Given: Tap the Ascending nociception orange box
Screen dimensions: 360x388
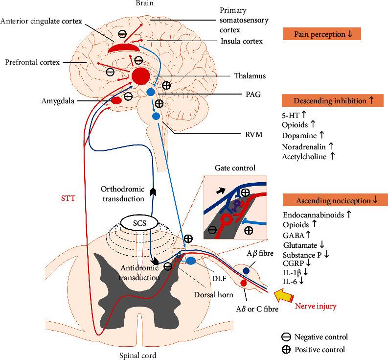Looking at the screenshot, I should tap(332, 200).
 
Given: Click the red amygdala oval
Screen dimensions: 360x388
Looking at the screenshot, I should tap(116, 100).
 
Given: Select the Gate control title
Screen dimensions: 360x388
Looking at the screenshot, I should tap(235, 168).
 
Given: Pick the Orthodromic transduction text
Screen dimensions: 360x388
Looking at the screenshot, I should tap(123, 194).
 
